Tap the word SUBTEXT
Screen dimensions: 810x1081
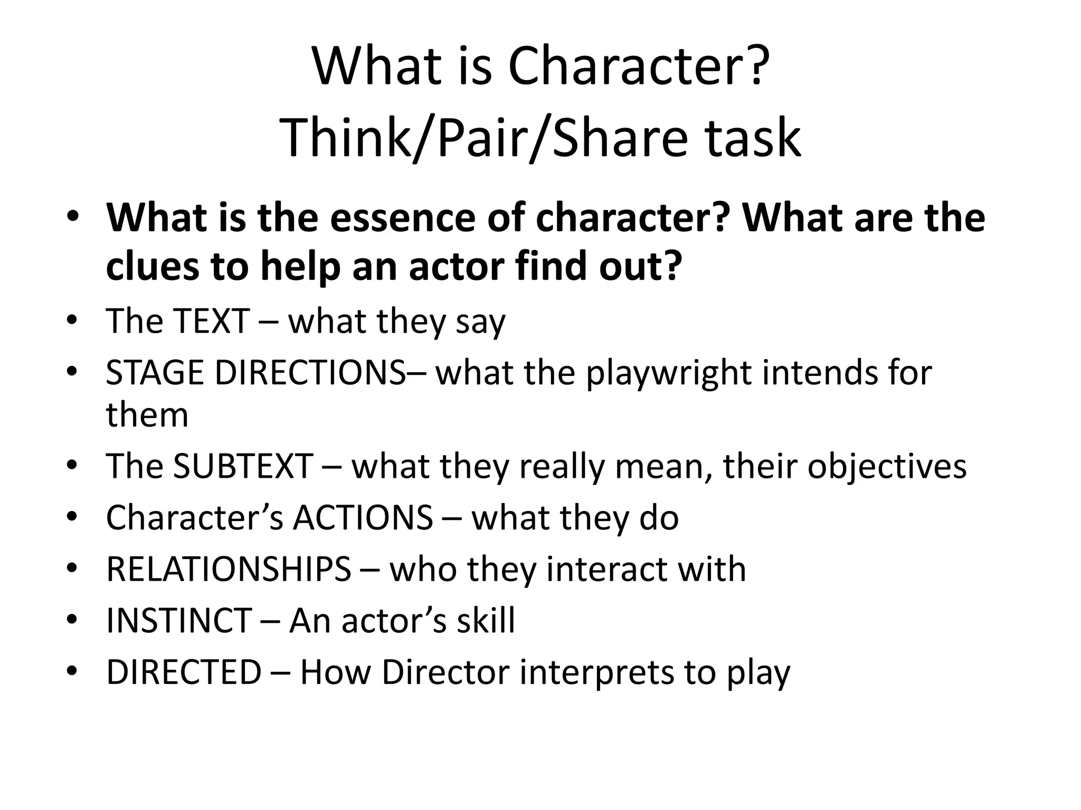coord(243,466)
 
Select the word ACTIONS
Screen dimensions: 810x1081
coord(363,517)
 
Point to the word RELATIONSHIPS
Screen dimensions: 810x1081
coord(229,569)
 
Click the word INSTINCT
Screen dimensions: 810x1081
coord(178,620)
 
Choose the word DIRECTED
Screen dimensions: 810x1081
coord(184,672)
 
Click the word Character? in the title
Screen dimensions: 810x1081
coord(636,67)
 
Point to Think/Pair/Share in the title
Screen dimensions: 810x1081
coord(483,138)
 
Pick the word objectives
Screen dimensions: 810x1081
coord(887,466)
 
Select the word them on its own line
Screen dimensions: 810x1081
coord(147,414)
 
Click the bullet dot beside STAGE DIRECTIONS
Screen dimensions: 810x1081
coord(72,373)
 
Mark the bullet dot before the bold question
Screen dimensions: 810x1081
coord(72,217)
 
